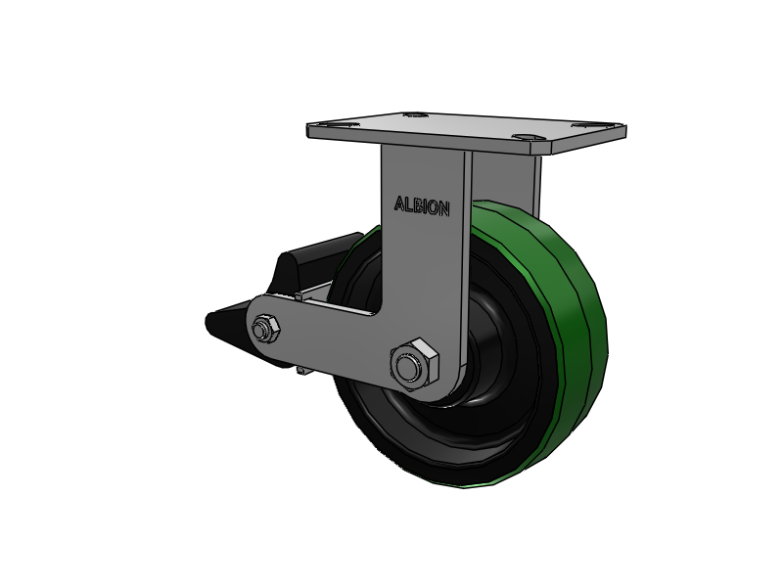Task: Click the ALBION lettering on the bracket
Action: [422, 206]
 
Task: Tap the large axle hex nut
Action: [414, 364]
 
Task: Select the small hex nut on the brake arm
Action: [265, 329]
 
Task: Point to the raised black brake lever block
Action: [314, 262]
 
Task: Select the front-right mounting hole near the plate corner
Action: [526, 136]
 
